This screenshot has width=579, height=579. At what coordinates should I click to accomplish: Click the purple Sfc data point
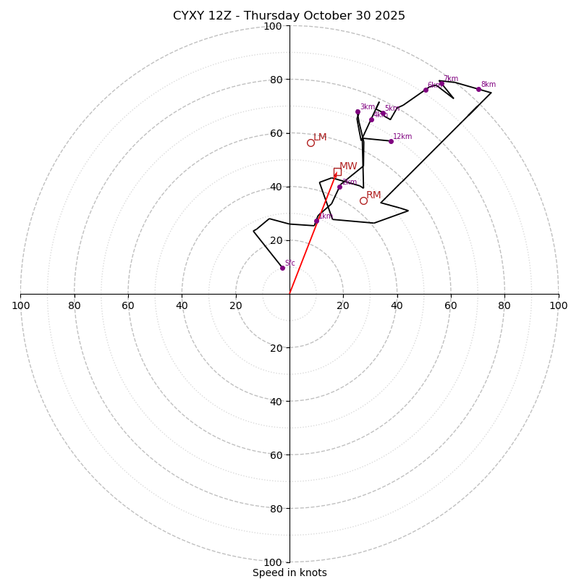pos(282,268)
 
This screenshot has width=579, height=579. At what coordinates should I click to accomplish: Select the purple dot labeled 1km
pos(316,221)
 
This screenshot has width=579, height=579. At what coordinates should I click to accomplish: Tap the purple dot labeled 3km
pos(358,111)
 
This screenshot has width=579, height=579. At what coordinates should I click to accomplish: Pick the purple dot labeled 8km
pos(478,89)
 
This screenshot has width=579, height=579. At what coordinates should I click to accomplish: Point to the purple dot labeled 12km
pos(391,141)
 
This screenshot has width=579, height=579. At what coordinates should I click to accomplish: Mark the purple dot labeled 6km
pos(426,90)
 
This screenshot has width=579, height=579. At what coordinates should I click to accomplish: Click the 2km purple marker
pos(339,187)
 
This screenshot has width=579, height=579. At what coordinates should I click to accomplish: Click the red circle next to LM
pos(310,143)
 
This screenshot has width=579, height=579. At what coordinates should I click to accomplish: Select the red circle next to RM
pos(363,200)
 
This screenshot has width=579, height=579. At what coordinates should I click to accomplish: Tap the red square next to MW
pos(337,172)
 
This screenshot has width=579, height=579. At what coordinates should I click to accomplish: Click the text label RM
pos(373,195)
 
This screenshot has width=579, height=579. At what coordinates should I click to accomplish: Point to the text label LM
pos(320,138)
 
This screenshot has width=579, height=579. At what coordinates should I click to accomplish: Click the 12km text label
pos(402,137)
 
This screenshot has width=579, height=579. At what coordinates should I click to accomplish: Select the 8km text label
pos(489,85)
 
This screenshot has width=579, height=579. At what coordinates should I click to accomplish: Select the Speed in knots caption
pos(289,572)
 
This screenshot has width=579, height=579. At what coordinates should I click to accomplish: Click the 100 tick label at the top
pos(273,26)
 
